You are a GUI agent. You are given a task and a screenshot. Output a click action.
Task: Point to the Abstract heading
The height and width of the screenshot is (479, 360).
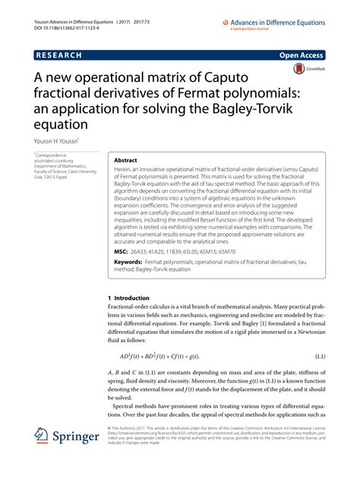125,162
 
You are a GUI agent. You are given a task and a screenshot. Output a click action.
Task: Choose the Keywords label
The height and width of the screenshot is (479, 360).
128,262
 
